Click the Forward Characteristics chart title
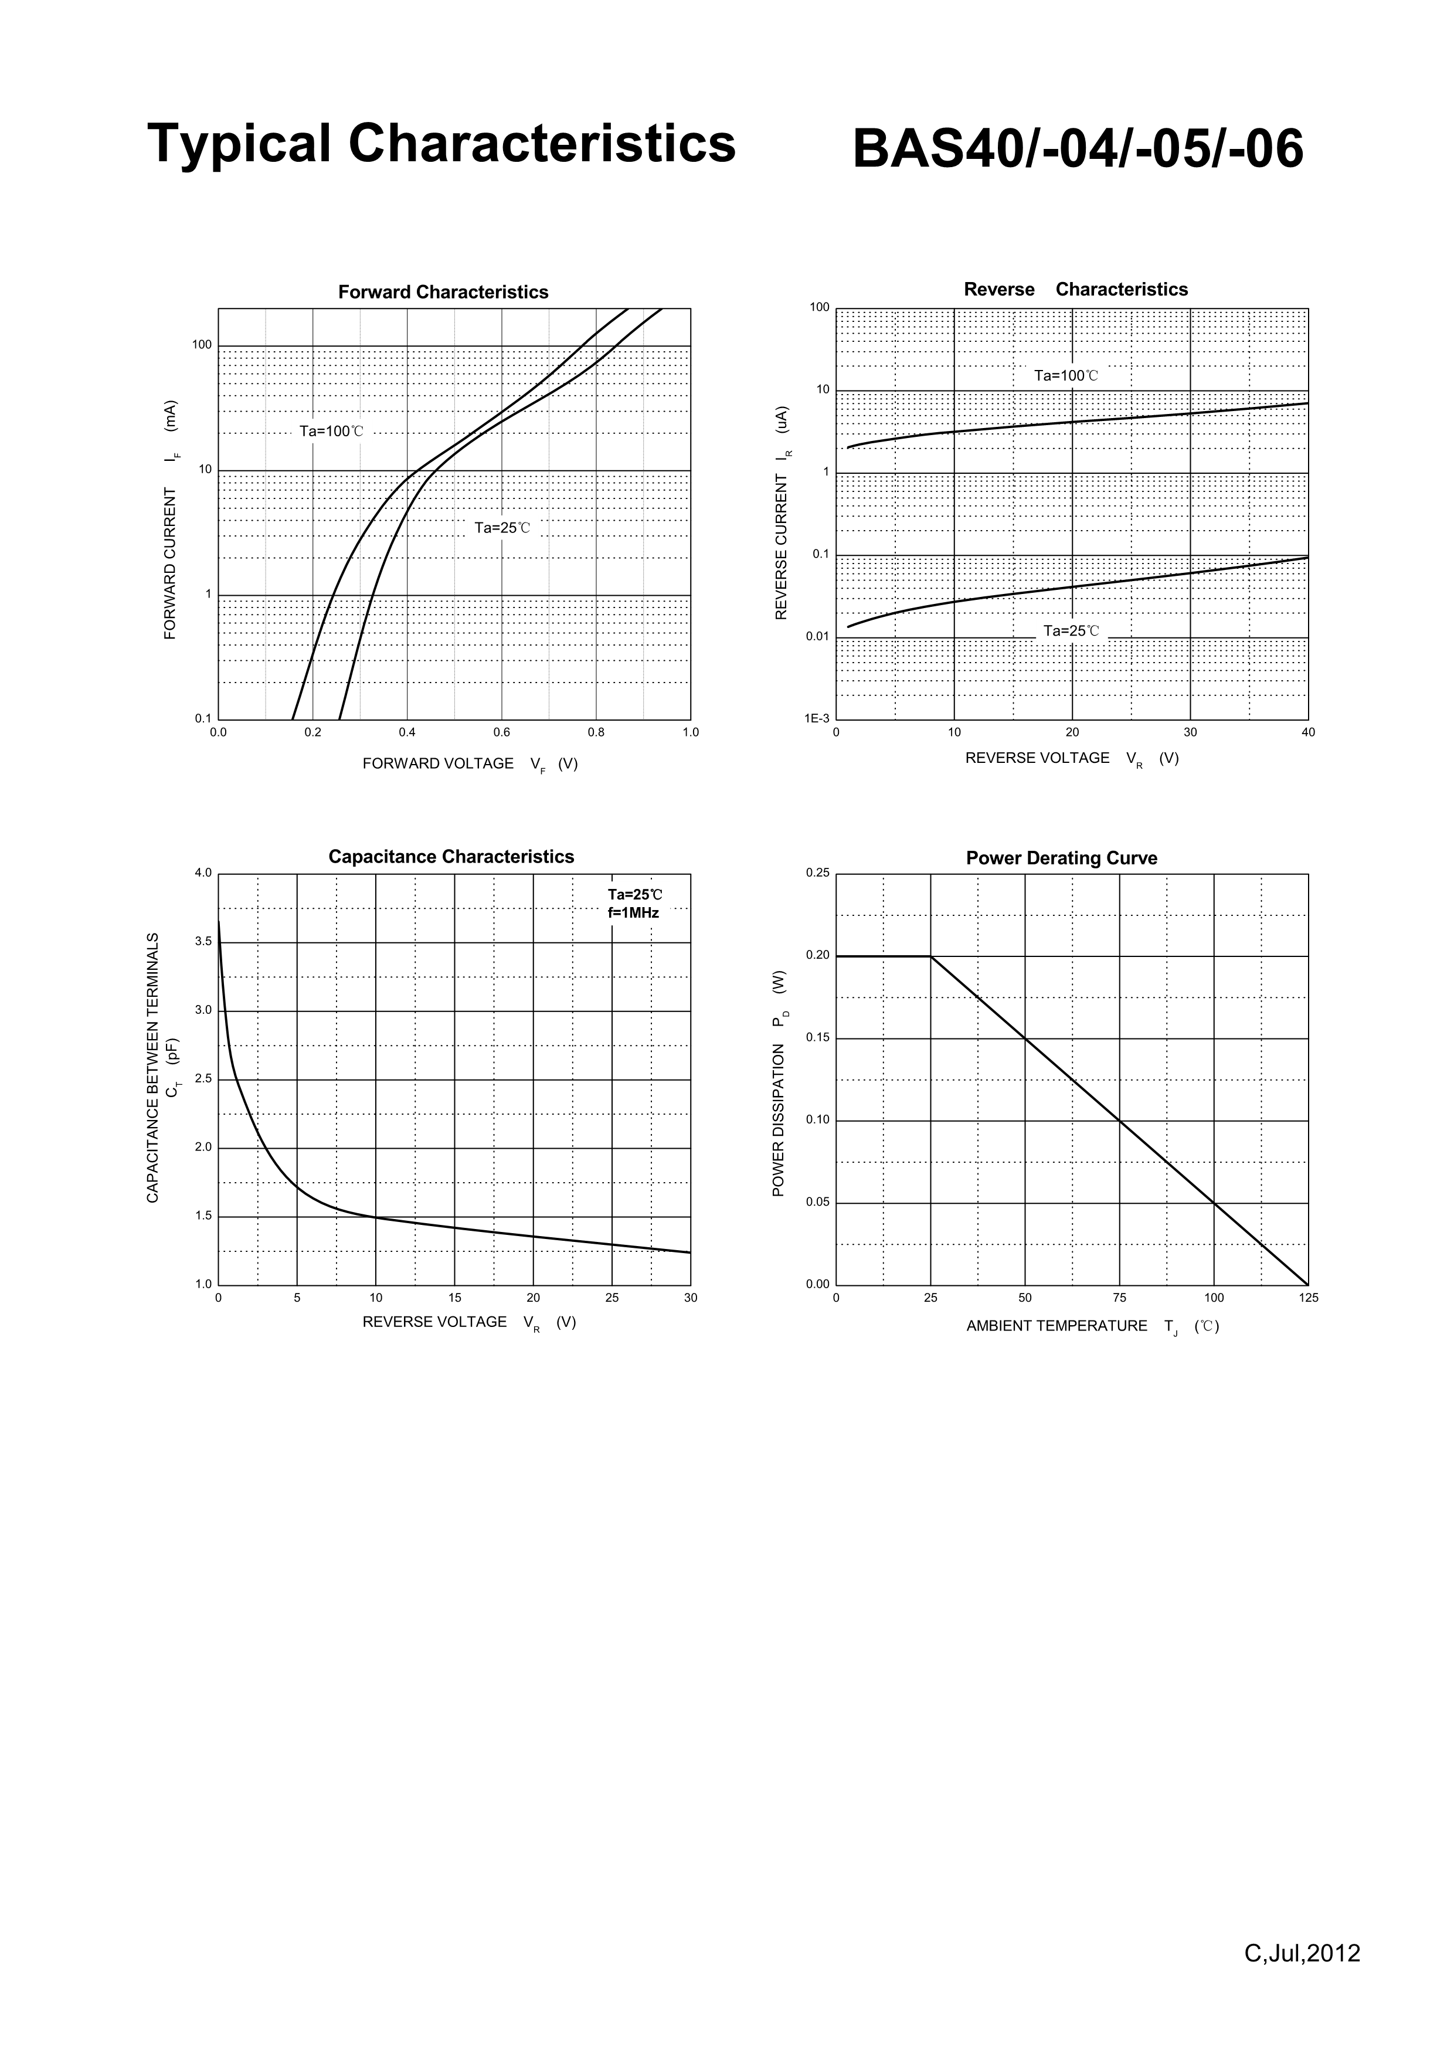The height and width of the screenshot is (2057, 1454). click(443, 292)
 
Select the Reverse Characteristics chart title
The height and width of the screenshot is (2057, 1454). click(1075, 290)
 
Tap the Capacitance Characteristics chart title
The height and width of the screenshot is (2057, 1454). click(451, 857)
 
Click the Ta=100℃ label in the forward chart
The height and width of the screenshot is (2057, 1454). click(331, 432)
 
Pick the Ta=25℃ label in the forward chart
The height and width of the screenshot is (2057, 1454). click(502, 528)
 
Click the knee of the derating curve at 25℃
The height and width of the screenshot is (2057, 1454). click(931, 956)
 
